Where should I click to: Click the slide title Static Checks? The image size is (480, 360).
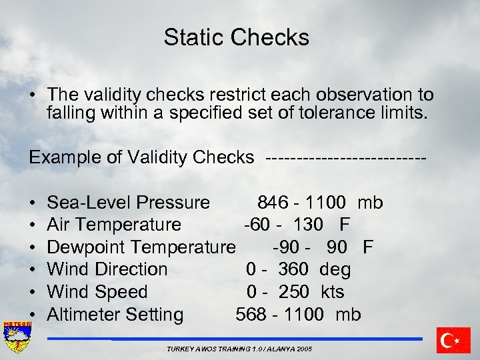point(237,37)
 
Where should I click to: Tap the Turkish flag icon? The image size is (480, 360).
point(454,340)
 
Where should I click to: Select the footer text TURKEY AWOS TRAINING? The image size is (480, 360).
point(239,349)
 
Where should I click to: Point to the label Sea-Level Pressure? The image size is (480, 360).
point(128,203)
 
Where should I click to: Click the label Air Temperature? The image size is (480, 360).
point(114,225)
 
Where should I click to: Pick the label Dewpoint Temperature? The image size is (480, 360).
point(141,247)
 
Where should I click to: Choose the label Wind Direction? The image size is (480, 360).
point(107,269)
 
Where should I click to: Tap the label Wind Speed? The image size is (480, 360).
point(97,292)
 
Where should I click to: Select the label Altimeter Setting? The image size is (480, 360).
point(115,315)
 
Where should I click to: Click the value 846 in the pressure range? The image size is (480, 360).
point(273,203)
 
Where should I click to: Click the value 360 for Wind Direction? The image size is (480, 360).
point(293,269)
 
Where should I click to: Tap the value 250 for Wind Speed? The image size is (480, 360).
point(294,292)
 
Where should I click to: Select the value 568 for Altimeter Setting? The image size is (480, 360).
point(251,315)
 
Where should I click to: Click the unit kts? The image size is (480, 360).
point(332,292)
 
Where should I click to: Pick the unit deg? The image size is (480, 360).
point(335,269)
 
